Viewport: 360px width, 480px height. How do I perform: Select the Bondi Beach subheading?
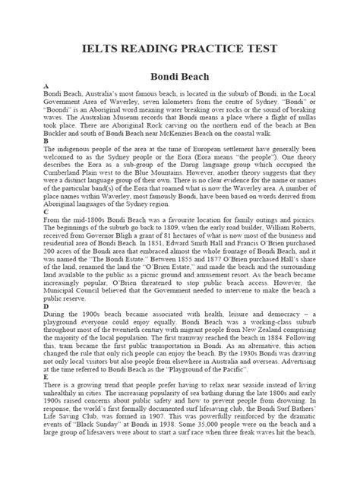pyautogui.click(x=179, y=79)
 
